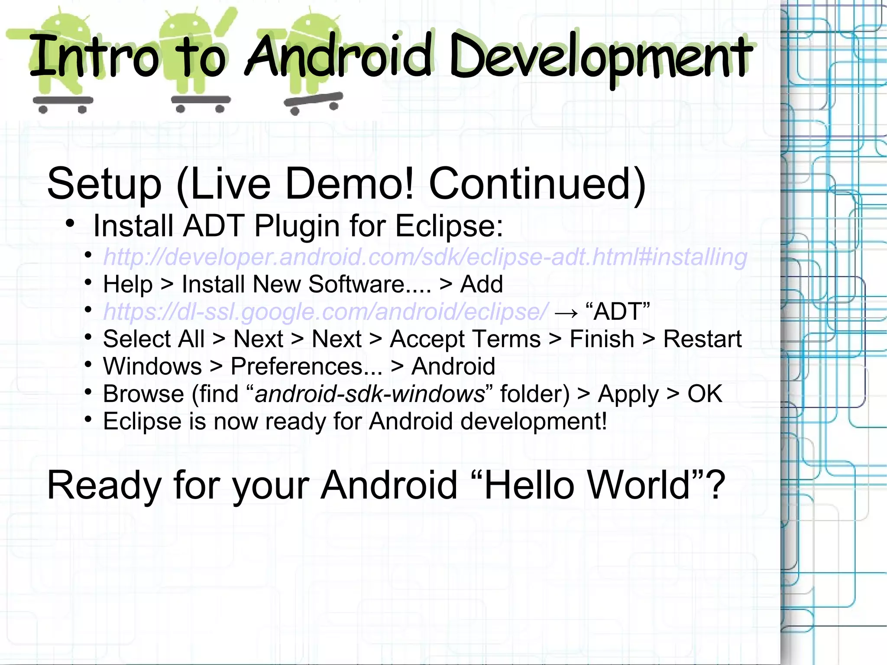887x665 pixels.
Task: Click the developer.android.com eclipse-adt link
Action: tap(425, 257)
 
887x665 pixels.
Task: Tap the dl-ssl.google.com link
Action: tap(325, 311)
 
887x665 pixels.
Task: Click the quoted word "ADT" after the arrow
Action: tap(618, 311)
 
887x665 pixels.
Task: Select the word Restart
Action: tap(702, 339)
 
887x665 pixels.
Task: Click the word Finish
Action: tap(602, 339)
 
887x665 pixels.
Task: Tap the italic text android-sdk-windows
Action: tap(369, 394)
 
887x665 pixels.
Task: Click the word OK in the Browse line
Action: tap(705, 394)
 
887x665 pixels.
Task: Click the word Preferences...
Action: tap(307, 367)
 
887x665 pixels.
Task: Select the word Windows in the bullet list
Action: tap(152, 367)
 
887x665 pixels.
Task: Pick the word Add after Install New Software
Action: tap(481, 284)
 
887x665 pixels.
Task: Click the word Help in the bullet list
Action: tap(128, 284)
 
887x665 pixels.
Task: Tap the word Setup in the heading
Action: tap(104, 184)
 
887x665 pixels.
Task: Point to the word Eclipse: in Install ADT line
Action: tap(449, 226)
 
